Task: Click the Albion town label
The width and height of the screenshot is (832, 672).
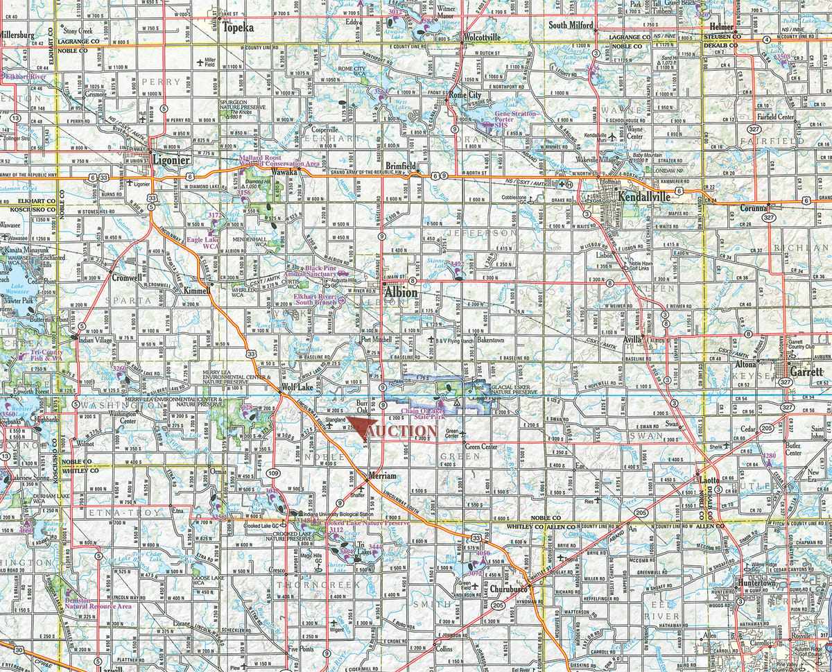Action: coord(402,293)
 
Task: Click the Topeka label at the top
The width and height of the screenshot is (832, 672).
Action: coord(239,28)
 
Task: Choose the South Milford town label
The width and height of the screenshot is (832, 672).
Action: coord(571,25)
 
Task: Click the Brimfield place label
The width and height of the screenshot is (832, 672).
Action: coord(401,166)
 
